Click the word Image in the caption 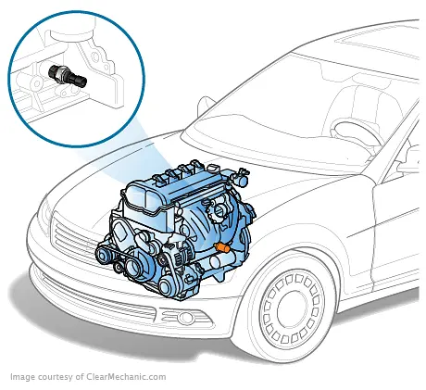click(22, 377)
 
